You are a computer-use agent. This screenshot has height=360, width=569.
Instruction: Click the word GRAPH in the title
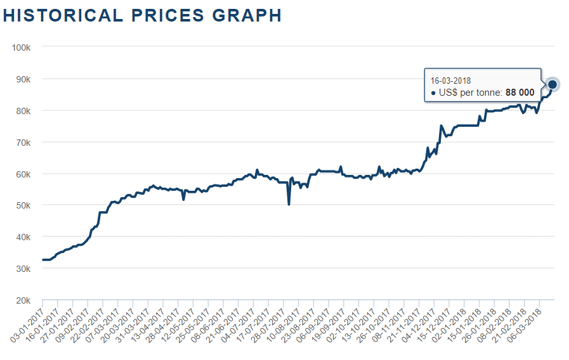[x=250, y=15]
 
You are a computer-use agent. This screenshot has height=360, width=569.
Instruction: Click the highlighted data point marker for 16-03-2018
[x=552, y=84]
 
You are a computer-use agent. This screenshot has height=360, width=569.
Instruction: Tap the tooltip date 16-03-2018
[x=450, y=80]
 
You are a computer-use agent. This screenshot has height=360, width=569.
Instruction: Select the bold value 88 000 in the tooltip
[x=520, y=93]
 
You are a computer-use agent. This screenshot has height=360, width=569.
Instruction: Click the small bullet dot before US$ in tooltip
[x=433, y=93]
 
